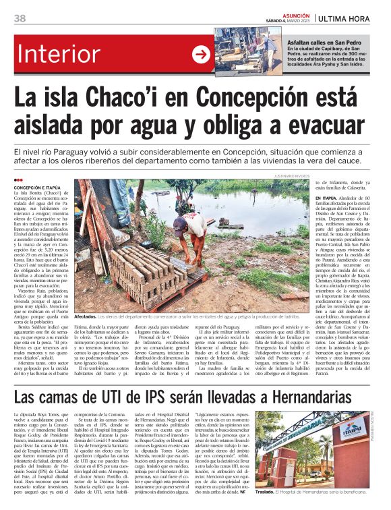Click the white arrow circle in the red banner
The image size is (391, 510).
click(200, 54)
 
